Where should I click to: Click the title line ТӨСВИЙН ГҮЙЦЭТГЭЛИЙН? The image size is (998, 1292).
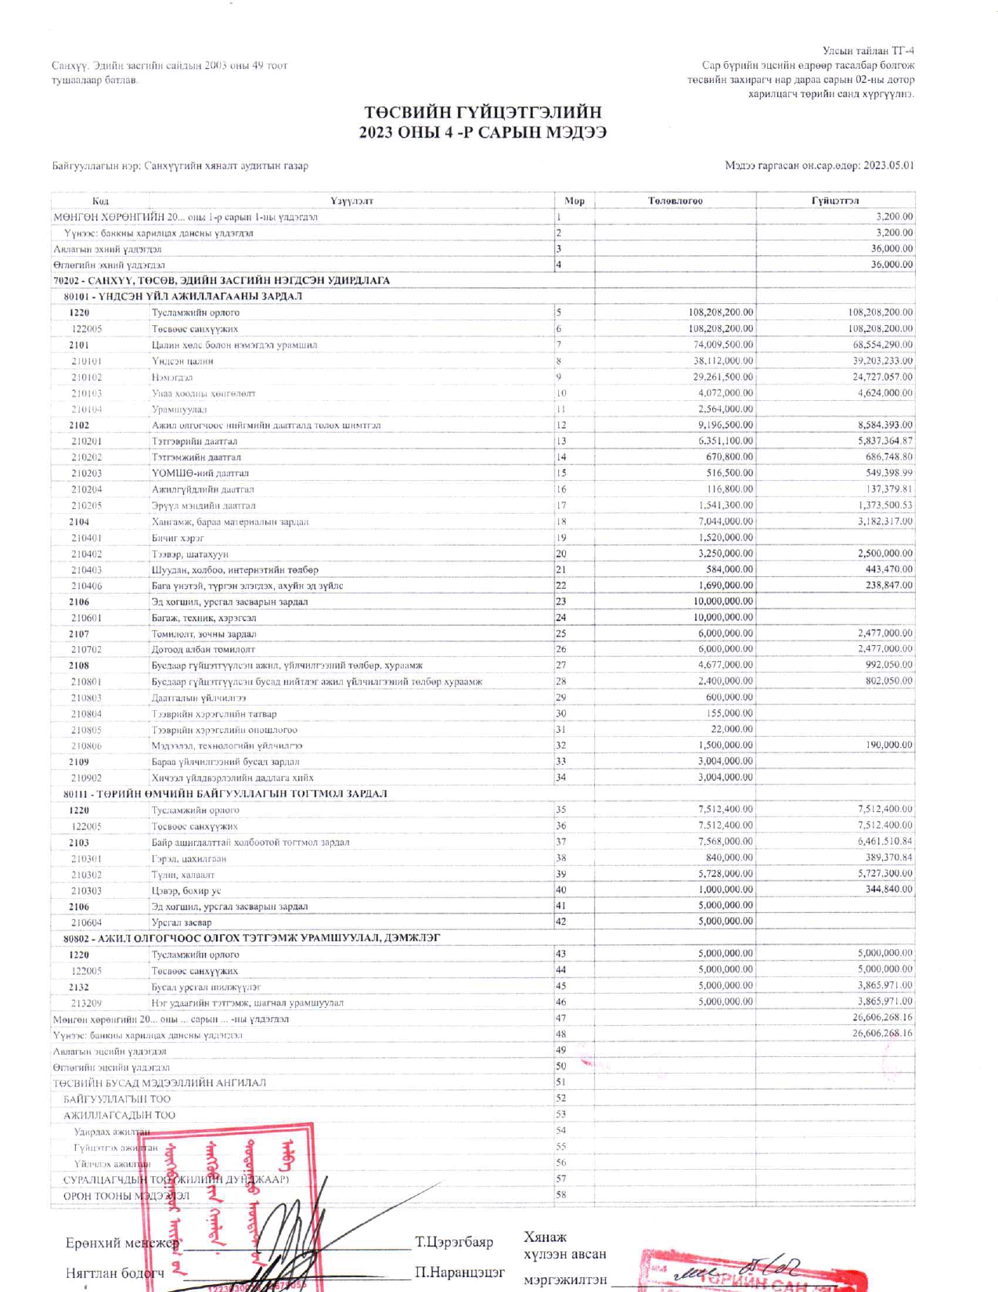click(x=483, y=113)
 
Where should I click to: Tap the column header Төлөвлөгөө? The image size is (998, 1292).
click(x=675, y=201)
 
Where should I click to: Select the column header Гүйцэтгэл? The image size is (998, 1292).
click(x=835, y=201)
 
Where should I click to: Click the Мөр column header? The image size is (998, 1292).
click(x=575, y=201)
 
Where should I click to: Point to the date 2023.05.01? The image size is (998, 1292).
click(x=888, y=166)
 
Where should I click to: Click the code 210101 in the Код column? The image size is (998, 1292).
click(x=86, y=361)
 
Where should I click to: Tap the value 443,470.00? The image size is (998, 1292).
click(x=886, y=569)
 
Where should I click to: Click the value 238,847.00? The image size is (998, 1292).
click(x=886, y=585)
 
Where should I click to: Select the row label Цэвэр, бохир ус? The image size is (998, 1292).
click(x=186, y=890)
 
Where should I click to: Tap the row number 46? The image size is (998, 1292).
click(x=560, y=1001)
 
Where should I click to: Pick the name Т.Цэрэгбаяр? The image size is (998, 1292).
click(x=454, y=1243)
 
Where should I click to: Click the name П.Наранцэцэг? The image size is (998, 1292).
click(x=459, y=1272)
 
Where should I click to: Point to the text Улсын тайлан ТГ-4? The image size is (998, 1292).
click(x=868, y=51)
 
